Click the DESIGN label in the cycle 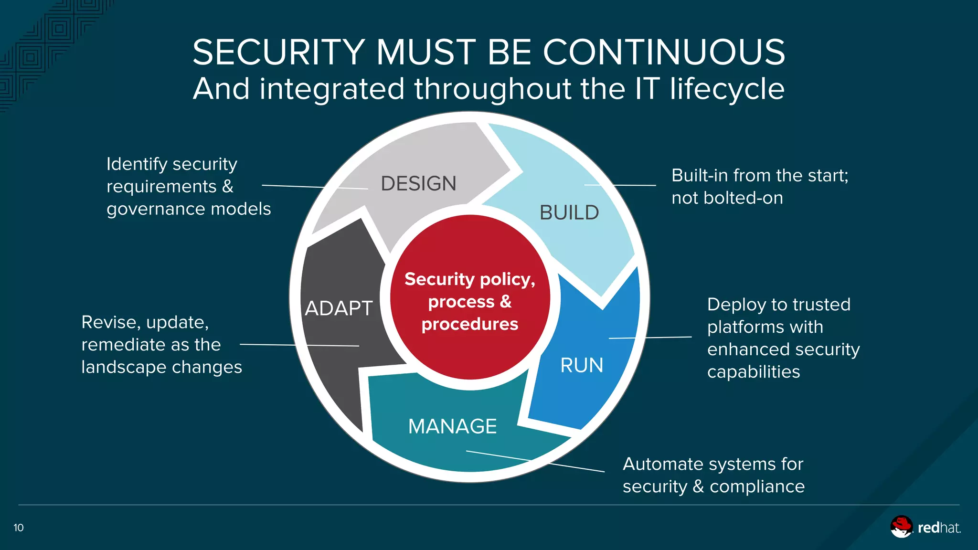pyautogui.click(x=418, y=184)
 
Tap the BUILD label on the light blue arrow pyautogui.click(x=569, y=213)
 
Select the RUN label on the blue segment pyautogui.click(x=581, y=366)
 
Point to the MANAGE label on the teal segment pyautogui.click(x=452, y=426)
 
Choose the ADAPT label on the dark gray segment pyautogui.click(x=339, y=308)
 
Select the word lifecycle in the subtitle pyautogui.click(x=727, y=89)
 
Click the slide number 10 pyautogui.click(x=19, y=528)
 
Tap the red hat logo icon pyautogui.click(x=901, y=527)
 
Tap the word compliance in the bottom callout pyautogui.click(x=757, y=487)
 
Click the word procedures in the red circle pyautogui.click(x=470, y=324)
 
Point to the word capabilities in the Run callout pyautogui.click(x=753, y=372)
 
